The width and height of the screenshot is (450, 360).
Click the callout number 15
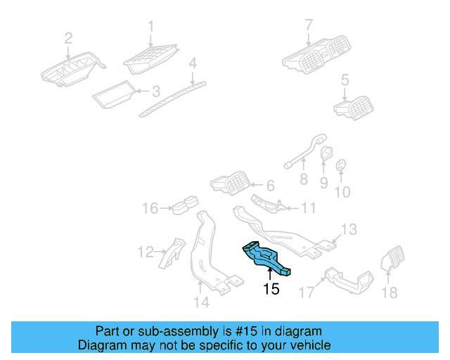coord(271,288)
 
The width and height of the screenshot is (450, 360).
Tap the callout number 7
coord(308,25)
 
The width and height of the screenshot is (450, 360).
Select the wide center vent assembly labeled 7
coord(319,56)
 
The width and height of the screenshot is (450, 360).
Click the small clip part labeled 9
coord(327,153)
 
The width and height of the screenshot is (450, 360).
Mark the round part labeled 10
coord(340,165)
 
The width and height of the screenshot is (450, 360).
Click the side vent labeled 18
coord(391,260)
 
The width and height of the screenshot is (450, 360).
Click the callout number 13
coord(349,229)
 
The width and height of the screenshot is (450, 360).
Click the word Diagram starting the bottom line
coord(101,345)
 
